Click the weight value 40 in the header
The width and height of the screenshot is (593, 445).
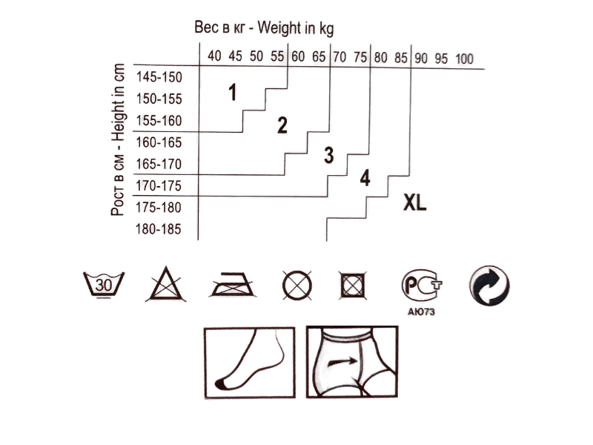(x=214, y=57)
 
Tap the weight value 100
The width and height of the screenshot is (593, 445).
(x=465, y=59)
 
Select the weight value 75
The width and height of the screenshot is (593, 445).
(x=361, y=58)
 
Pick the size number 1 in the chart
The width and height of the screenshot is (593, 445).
(x=233, y=93)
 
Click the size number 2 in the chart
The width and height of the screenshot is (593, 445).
(x=282, y=125)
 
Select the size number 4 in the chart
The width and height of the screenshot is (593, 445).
(x=365, y=179)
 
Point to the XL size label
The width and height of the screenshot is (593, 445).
(x=415, y=202)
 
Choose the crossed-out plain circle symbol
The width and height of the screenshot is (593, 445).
(x=296, y=285)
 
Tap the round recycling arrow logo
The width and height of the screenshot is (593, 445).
(x=489, y=285)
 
